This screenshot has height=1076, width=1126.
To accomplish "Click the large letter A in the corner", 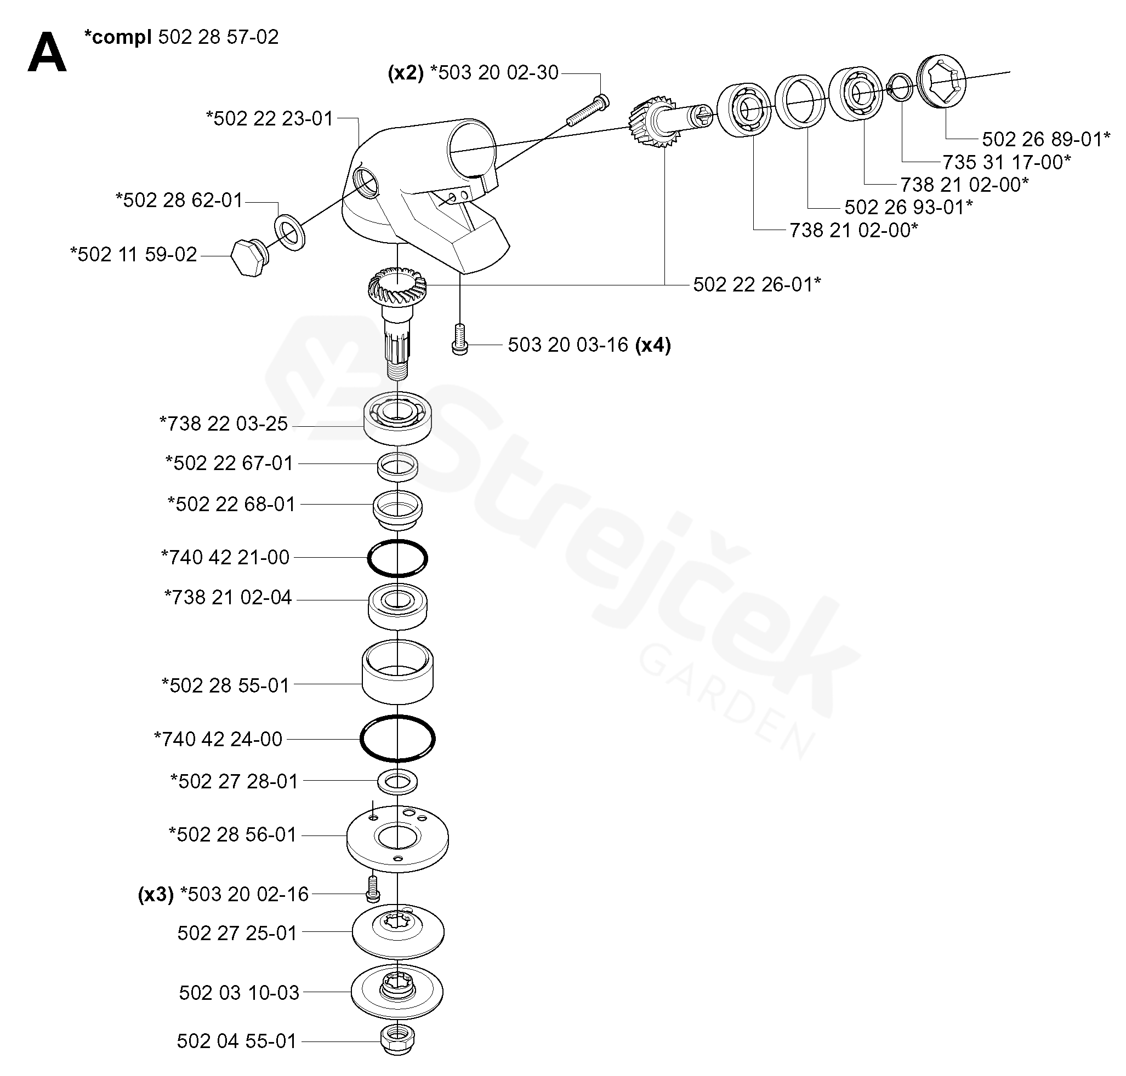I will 47,52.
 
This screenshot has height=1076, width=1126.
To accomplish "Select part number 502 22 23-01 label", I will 269,119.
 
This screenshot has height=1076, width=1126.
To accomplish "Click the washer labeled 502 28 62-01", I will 291,232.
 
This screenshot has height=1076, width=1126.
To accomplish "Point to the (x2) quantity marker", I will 405,73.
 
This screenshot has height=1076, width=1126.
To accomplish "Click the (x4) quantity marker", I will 652,345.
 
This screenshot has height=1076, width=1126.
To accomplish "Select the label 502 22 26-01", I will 757,284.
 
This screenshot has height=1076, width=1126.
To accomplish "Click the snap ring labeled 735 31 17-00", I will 898,88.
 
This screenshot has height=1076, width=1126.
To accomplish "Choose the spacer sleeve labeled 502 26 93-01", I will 800,102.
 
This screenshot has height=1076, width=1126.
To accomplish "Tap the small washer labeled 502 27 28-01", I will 397,781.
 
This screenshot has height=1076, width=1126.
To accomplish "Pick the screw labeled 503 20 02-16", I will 373,887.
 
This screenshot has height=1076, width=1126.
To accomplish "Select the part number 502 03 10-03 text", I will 239,992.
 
